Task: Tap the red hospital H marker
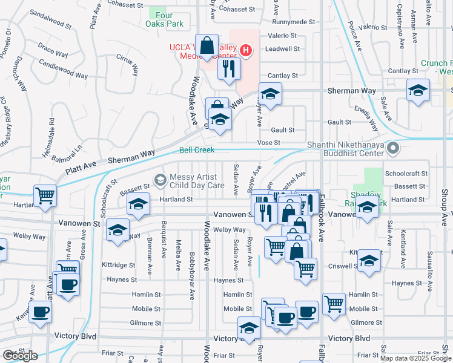coord(245,50)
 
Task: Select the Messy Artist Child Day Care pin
coord(160,179)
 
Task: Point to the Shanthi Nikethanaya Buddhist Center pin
coord(394,148)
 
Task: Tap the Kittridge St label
coord(118,265)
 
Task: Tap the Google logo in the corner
coord(19,356)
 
